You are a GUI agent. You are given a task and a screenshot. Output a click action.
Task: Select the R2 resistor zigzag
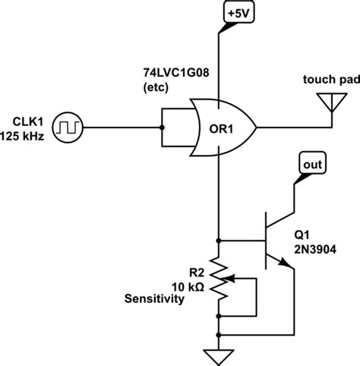pos(219,278)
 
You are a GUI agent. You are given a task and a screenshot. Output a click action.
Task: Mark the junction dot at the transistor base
pos(219,238)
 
